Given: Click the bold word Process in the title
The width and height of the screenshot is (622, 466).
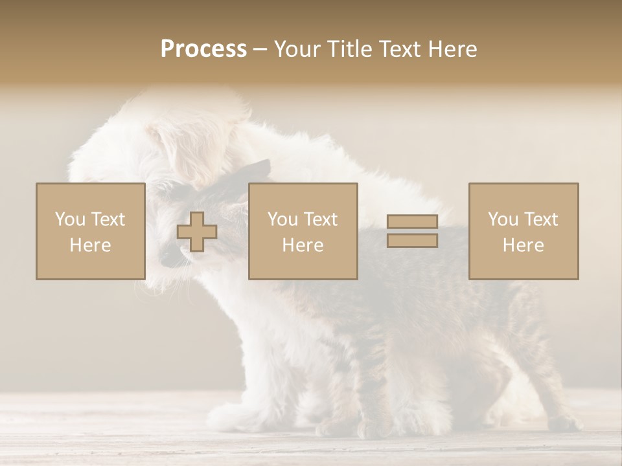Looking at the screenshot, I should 203,49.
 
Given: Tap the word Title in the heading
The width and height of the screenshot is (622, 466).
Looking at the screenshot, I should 351,49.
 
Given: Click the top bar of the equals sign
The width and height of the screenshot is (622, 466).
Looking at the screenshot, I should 412,222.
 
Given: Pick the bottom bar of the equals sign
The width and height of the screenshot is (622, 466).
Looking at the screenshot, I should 412,241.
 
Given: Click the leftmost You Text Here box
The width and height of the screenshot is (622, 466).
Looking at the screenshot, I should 91,231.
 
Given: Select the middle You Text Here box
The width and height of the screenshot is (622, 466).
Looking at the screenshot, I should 303,231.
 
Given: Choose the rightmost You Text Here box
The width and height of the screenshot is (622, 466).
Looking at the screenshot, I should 524,231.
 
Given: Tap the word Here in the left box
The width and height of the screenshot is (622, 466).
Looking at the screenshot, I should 90,245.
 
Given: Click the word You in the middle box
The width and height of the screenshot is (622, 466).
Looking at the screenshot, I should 282,219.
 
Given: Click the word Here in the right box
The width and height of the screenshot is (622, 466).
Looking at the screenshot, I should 523,245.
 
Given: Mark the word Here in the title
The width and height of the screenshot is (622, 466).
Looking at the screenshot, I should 454,49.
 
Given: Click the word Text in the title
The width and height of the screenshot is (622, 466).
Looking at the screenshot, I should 402,49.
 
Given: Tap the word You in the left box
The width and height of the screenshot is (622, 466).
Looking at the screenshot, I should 70,219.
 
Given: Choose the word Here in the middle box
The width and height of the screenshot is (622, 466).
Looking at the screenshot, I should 303,245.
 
